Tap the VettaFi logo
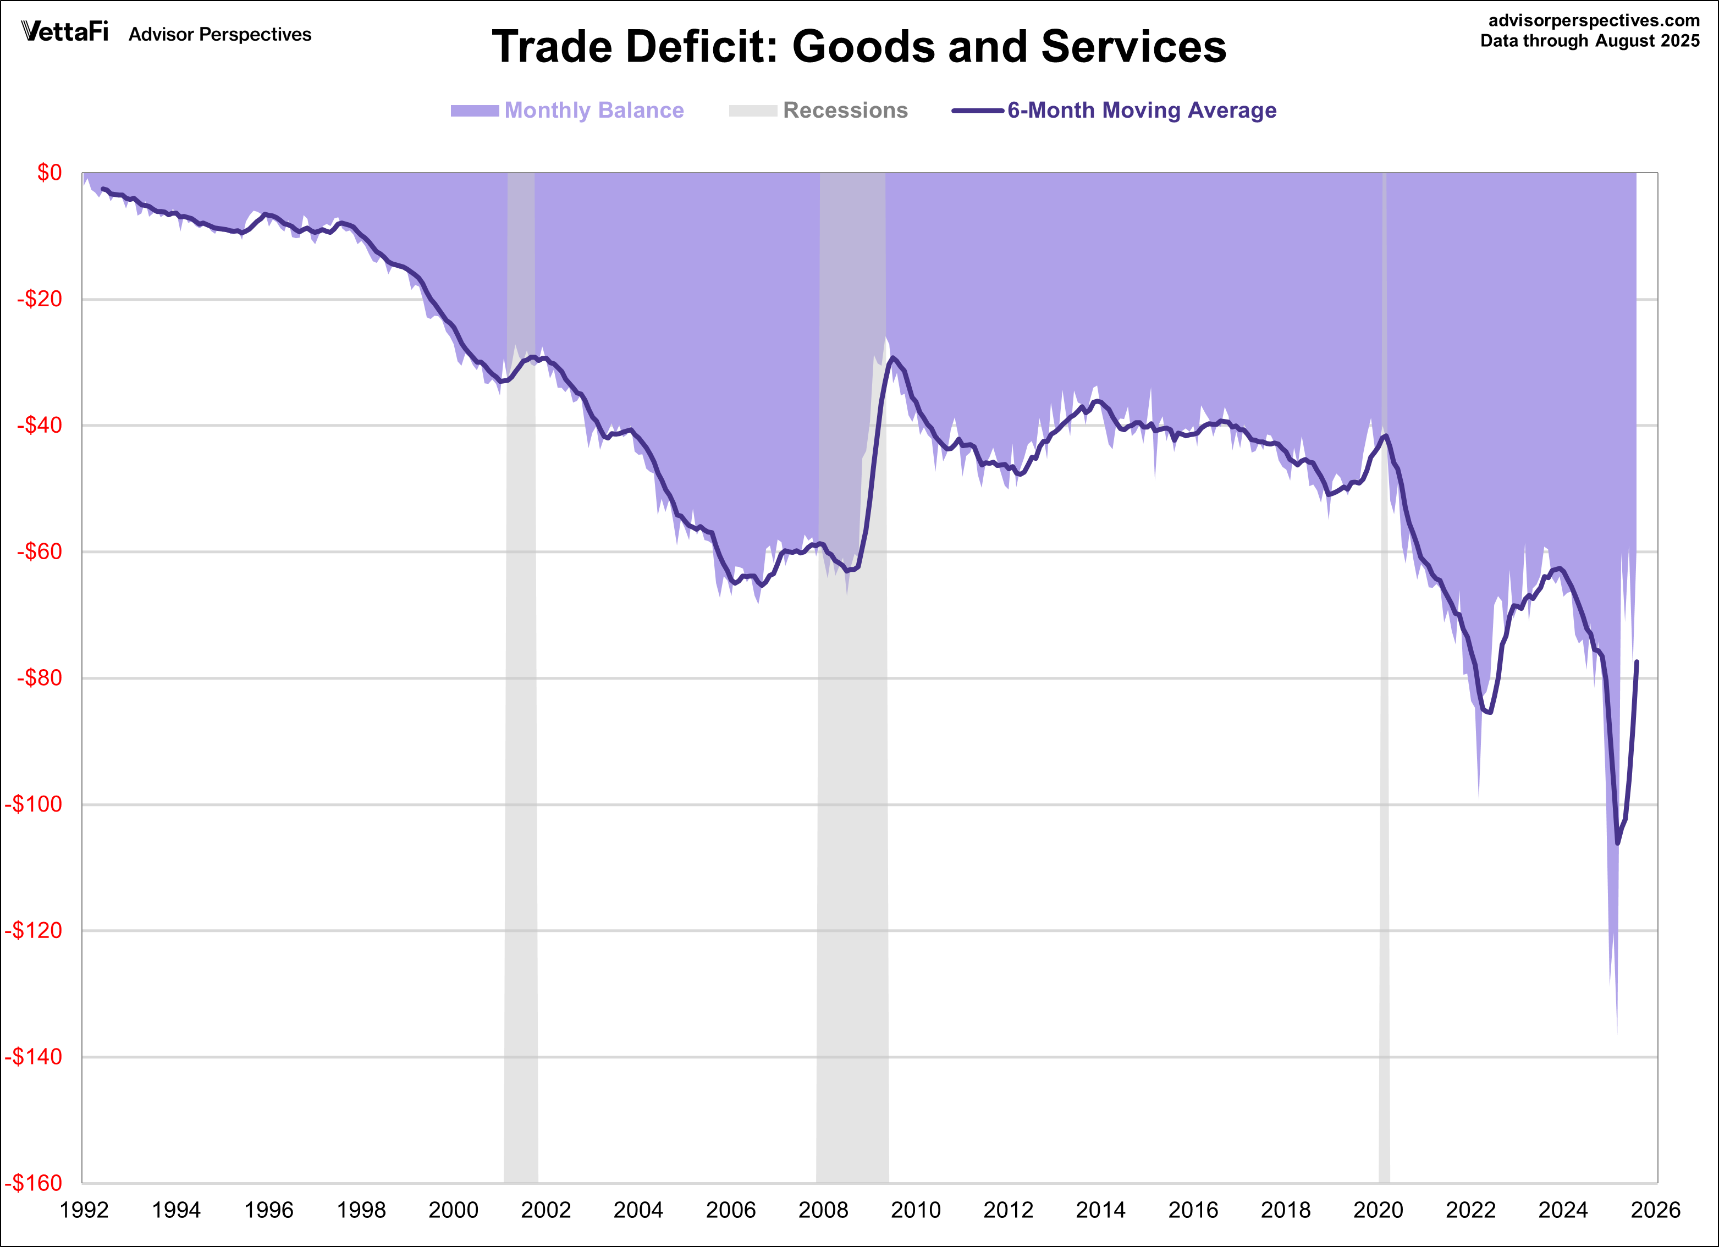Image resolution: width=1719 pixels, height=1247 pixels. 65,32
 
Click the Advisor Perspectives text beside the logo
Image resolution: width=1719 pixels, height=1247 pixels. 220,35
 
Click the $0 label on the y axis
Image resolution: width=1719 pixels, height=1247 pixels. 49,173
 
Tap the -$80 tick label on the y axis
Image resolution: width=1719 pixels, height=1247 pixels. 40,678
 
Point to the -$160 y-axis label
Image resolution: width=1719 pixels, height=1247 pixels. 34,1183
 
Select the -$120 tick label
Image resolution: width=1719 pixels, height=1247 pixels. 34,930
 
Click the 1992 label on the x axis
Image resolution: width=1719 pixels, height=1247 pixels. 84,1210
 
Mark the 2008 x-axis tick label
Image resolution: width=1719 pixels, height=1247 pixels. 823,1210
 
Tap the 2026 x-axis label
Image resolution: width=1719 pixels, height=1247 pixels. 1655,1210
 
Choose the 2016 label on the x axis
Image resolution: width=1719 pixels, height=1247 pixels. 1193,1210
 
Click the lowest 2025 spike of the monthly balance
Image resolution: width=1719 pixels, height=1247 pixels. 1617,1031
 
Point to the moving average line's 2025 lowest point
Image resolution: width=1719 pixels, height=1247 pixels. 1617,842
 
